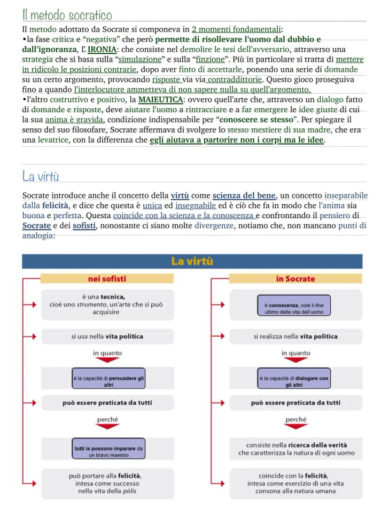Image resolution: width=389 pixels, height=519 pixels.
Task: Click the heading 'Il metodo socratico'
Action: click(67, 15)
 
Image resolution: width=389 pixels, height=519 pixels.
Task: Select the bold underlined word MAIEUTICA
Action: click(159, 100)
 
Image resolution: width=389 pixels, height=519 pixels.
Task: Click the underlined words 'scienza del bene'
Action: click(244, 195)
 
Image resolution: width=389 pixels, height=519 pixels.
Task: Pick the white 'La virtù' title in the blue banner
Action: click(192, 261)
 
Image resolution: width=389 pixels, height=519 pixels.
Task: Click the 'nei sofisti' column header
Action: click(107, 279)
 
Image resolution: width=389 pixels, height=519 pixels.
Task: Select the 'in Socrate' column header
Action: click(296, 279)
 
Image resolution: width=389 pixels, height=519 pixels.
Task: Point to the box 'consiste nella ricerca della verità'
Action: click(296, 449)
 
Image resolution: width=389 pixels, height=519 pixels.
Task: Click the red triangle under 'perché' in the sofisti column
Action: click(108, 427)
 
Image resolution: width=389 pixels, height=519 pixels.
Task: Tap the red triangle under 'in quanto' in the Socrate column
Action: click(296, 360)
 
